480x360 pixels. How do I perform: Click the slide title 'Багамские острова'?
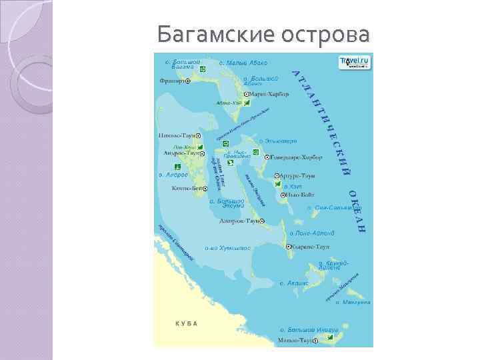tap(263, 33)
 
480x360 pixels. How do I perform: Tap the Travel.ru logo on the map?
tap(355, 62)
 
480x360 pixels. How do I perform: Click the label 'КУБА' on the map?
tap(187, 323)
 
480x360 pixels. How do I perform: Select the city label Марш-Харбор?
tap(273, 94)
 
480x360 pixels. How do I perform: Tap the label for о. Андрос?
tap(173, 175)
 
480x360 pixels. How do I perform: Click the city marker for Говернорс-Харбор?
tap(267, 157)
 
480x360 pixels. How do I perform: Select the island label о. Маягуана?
tap(353, 302)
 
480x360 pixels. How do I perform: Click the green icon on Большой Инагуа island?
tap(330, 338)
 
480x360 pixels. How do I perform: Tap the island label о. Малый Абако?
tap(247, 63)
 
